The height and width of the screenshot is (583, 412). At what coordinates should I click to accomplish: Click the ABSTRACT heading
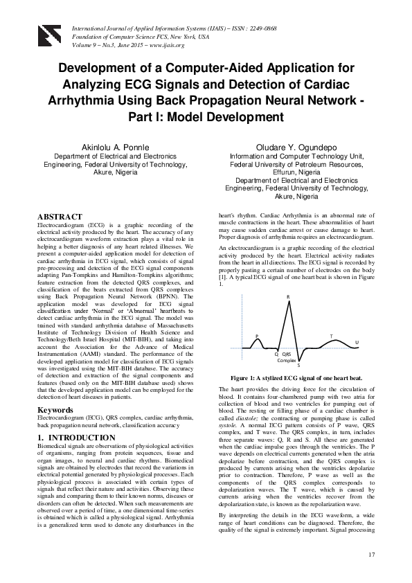(60, 217)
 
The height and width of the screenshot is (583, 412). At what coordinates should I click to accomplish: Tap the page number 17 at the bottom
(372, 554)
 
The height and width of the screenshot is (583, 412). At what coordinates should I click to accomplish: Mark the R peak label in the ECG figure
(288, 297)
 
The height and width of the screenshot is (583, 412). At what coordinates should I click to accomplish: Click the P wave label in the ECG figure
(257, 337)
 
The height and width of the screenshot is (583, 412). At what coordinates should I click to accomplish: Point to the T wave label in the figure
(330, 336)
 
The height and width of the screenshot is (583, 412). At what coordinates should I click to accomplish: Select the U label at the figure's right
(357, 342)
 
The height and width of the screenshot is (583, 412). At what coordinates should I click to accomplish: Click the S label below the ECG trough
(298, 365)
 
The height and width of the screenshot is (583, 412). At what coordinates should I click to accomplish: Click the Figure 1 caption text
(296, 378)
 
